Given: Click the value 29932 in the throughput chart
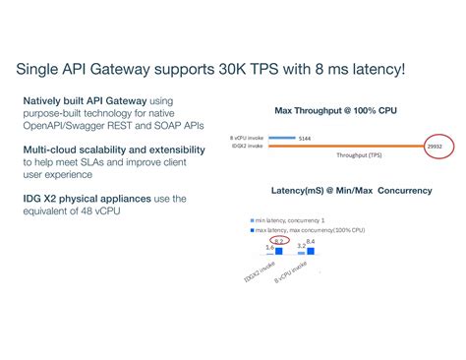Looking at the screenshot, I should click(438, 147).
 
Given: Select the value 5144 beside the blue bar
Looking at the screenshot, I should click(306, 139).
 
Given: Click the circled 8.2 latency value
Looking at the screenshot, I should click(279, 241).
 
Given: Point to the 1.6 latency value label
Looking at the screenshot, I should click(269, 248).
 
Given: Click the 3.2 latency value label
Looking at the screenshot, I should click(301, 247).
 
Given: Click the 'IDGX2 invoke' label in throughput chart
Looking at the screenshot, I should click(246, 147).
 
